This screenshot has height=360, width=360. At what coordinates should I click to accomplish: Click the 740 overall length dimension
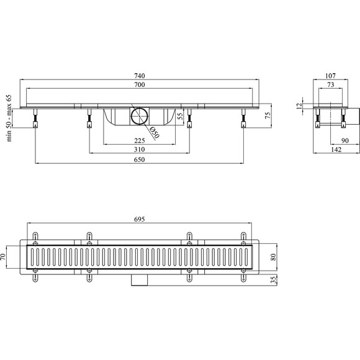tap(140, 76)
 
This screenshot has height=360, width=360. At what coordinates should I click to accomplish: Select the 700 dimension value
tap(140, 84)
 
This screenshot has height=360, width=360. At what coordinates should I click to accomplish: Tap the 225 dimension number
tap(140, 140)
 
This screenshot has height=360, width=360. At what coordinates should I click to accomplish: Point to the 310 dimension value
tap(140, 150)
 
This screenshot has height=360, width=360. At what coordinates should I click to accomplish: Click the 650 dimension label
tap(140, 160)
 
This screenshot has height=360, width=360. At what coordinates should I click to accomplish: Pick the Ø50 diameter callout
tap(155, 133)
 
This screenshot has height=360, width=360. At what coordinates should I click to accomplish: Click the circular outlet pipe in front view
tap(140, 117)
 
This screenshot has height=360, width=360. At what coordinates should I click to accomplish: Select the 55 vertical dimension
tap(181, 116)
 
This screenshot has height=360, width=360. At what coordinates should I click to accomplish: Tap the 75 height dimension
tap(268, 115)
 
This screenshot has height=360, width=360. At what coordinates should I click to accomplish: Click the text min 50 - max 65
tap(9, 118)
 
